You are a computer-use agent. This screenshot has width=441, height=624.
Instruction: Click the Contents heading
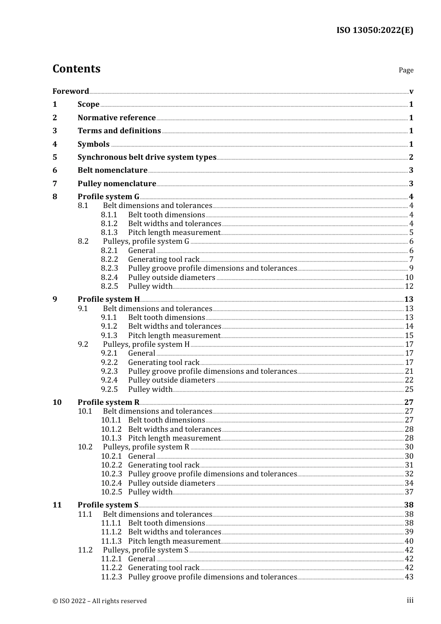[76, 69]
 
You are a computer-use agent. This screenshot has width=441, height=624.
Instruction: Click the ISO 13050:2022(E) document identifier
[375, 30]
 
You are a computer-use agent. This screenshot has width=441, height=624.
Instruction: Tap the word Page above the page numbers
[406, 70]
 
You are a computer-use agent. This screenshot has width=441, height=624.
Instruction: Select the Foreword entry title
[71, 91]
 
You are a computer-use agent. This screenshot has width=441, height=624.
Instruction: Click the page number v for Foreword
[411, 91]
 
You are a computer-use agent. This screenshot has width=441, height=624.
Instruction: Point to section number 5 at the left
[55, 157]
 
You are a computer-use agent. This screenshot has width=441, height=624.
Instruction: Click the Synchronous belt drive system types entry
[147, 157]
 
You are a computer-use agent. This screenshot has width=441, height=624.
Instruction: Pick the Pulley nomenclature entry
[117, 183]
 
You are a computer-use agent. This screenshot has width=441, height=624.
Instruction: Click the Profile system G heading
[108, 196]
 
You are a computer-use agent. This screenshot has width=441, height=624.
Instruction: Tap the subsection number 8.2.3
[110, 268]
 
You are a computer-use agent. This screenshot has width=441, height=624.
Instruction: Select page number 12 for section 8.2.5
[409, 286]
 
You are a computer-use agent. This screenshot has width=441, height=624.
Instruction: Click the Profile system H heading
[109, 299]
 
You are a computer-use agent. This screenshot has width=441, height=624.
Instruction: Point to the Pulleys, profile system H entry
[146, 344]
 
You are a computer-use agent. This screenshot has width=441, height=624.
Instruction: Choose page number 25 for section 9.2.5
[409, 390]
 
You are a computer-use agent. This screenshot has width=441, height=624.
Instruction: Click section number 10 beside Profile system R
[57, 402]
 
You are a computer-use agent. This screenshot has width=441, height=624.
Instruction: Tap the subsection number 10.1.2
[111, 429]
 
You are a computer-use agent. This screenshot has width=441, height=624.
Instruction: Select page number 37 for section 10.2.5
[409, 492]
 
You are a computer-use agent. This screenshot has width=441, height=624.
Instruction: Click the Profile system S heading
[108, 505]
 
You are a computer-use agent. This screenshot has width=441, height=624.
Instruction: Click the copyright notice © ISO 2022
[99, 601]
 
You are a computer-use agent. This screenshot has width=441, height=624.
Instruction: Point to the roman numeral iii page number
[410, 600]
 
